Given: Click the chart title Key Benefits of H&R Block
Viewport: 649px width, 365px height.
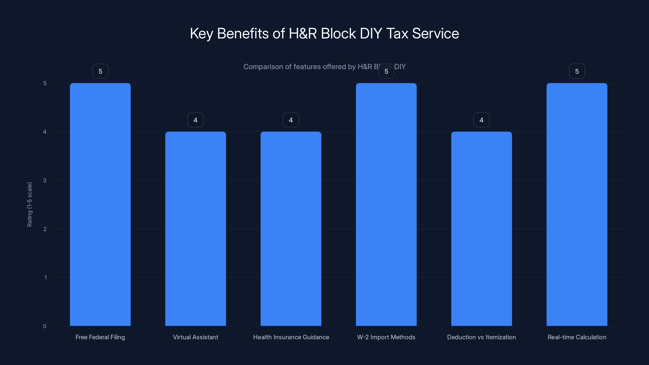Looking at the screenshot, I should (324, 33).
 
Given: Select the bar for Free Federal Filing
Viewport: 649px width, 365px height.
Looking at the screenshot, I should (100, 204).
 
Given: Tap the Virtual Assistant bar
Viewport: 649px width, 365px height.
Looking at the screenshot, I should (196, 229).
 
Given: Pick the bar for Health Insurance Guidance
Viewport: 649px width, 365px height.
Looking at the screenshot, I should (291, 229).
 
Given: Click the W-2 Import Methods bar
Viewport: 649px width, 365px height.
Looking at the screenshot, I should (386, 204).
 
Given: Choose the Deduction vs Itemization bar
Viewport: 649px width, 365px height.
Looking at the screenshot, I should (481, 229).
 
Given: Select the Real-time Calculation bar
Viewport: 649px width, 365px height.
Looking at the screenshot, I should (577, 204).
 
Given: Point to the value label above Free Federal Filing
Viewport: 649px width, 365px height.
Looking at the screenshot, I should (100, 71).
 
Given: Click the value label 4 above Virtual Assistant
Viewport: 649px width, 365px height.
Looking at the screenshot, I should (196, 120).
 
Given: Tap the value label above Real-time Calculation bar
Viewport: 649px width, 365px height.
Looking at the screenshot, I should (577, 71).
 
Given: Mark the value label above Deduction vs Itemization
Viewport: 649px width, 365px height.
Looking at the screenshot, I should (481, 120).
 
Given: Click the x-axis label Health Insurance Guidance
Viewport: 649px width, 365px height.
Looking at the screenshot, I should (291, 337).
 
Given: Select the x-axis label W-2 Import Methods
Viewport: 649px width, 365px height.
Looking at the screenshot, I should (386, 337).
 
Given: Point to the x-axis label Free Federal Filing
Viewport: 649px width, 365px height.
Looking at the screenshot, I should (100, 337).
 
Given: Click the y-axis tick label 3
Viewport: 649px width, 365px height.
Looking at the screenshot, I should (45, 180).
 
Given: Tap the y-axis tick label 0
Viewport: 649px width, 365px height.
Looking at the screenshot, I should (45, 326).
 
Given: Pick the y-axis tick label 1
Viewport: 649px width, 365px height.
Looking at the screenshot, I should (46, 278).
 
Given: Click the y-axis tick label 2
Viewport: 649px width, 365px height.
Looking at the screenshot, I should (45, 229).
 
